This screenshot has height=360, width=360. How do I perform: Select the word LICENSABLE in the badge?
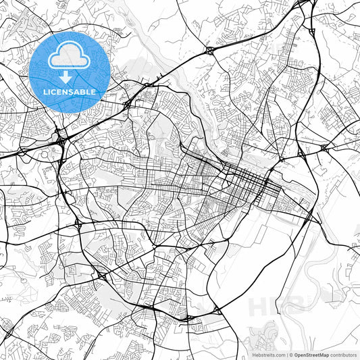pos(70,91)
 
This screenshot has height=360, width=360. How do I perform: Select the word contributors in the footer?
pos(344,355)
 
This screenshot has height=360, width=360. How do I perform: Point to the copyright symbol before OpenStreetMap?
pos(291,355)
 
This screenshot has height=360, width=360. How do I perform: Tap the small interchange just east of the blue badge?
pos(128,105)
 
